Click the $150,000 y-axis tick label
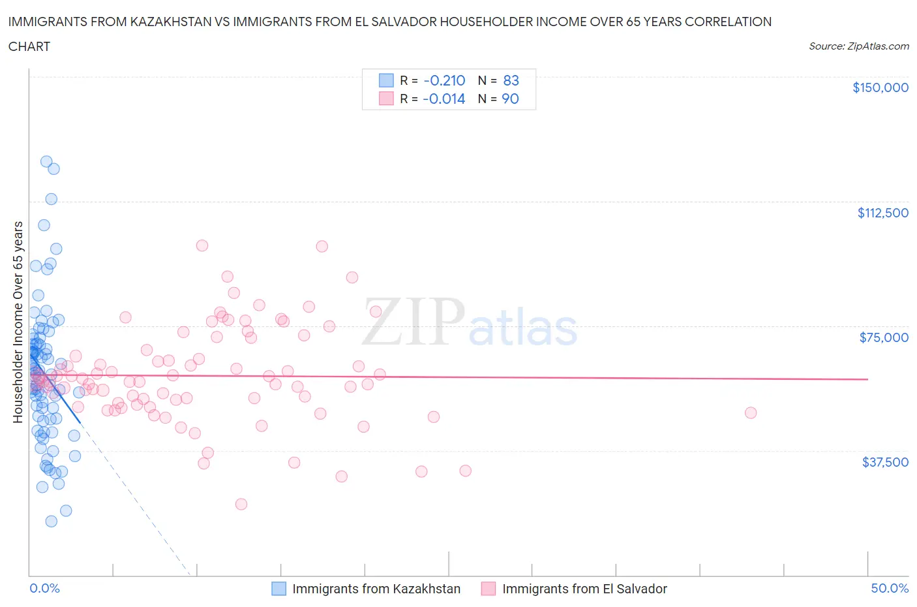(880, 87)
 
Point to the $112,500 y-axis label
(882, 213)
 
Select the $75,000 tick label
(884, 337)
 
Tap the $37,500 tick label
(885, 462)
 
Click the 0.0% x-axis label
(44, 588)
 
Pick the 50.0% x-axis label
(890, 588)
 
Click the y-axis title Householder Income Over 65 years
(18, 322)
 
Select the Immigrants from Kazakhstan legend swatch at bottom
(278, 589)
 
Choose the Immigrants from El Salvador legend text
(584, 589)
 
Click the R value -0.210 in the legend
(444, 80)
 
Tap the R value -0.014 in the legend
(444, 99)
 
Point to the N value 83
(511, 80)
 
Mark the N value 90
(511, 99)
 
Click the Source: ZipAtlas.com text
(858, 46)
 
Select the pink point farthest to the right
(751, 412)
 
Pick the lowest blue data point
(51, 521)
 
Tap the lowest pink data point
(241, 504)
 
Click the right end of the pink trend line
(868, 379)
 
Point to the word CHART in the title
(29, 46)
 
